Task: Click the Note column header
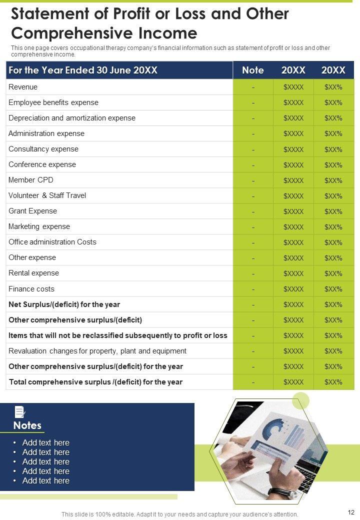click(x=252, y=70)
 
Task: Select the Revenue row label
click(x=23, y=87)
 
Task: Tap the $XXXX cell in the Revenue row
click(x=293, y=87)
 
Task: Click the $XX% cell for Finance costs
click(x=333, y=289)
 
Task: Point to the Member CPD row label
click(x=31, y=180)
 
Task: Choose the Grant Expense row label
click(x=33, y=211)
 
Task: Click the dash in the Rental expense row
click(x=253, y=273)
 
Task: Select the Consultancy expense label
click(x=43, y=149)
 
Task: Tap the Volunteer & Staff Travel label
click(x=47, y=195)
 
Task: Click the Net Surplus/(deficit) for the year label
click(x=64, y=304)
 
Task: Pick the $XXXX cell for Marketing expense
click(x=293, y=227)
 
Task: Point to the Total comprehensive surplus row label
click(x=95, y=382)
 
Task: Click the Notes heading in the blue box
click(x=27, y=425)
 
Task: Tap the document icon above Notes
click(x=20, y=412)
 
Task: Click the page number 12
click(x=350, y=512)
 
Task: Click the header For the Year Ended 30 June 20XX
click(x=83, y=70)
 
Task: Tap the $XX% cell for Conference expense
click(x=333, y=165)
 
